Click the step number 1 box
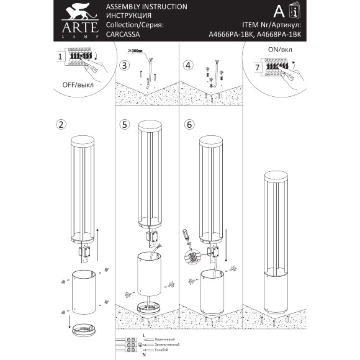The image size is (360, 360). [x=60, y=56]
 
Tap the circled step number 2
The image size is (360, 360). [x=61, y=124]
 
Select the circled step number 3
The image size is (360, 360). [x=125, y=65]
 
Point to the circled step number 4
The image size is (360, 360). [x=188, y=65]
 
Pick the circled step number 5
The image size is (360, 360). [x=125, y=124]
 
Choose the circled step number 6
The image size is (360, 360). [x=189, y=124]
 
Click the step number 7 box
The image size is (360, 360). [x=256, y=66]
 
